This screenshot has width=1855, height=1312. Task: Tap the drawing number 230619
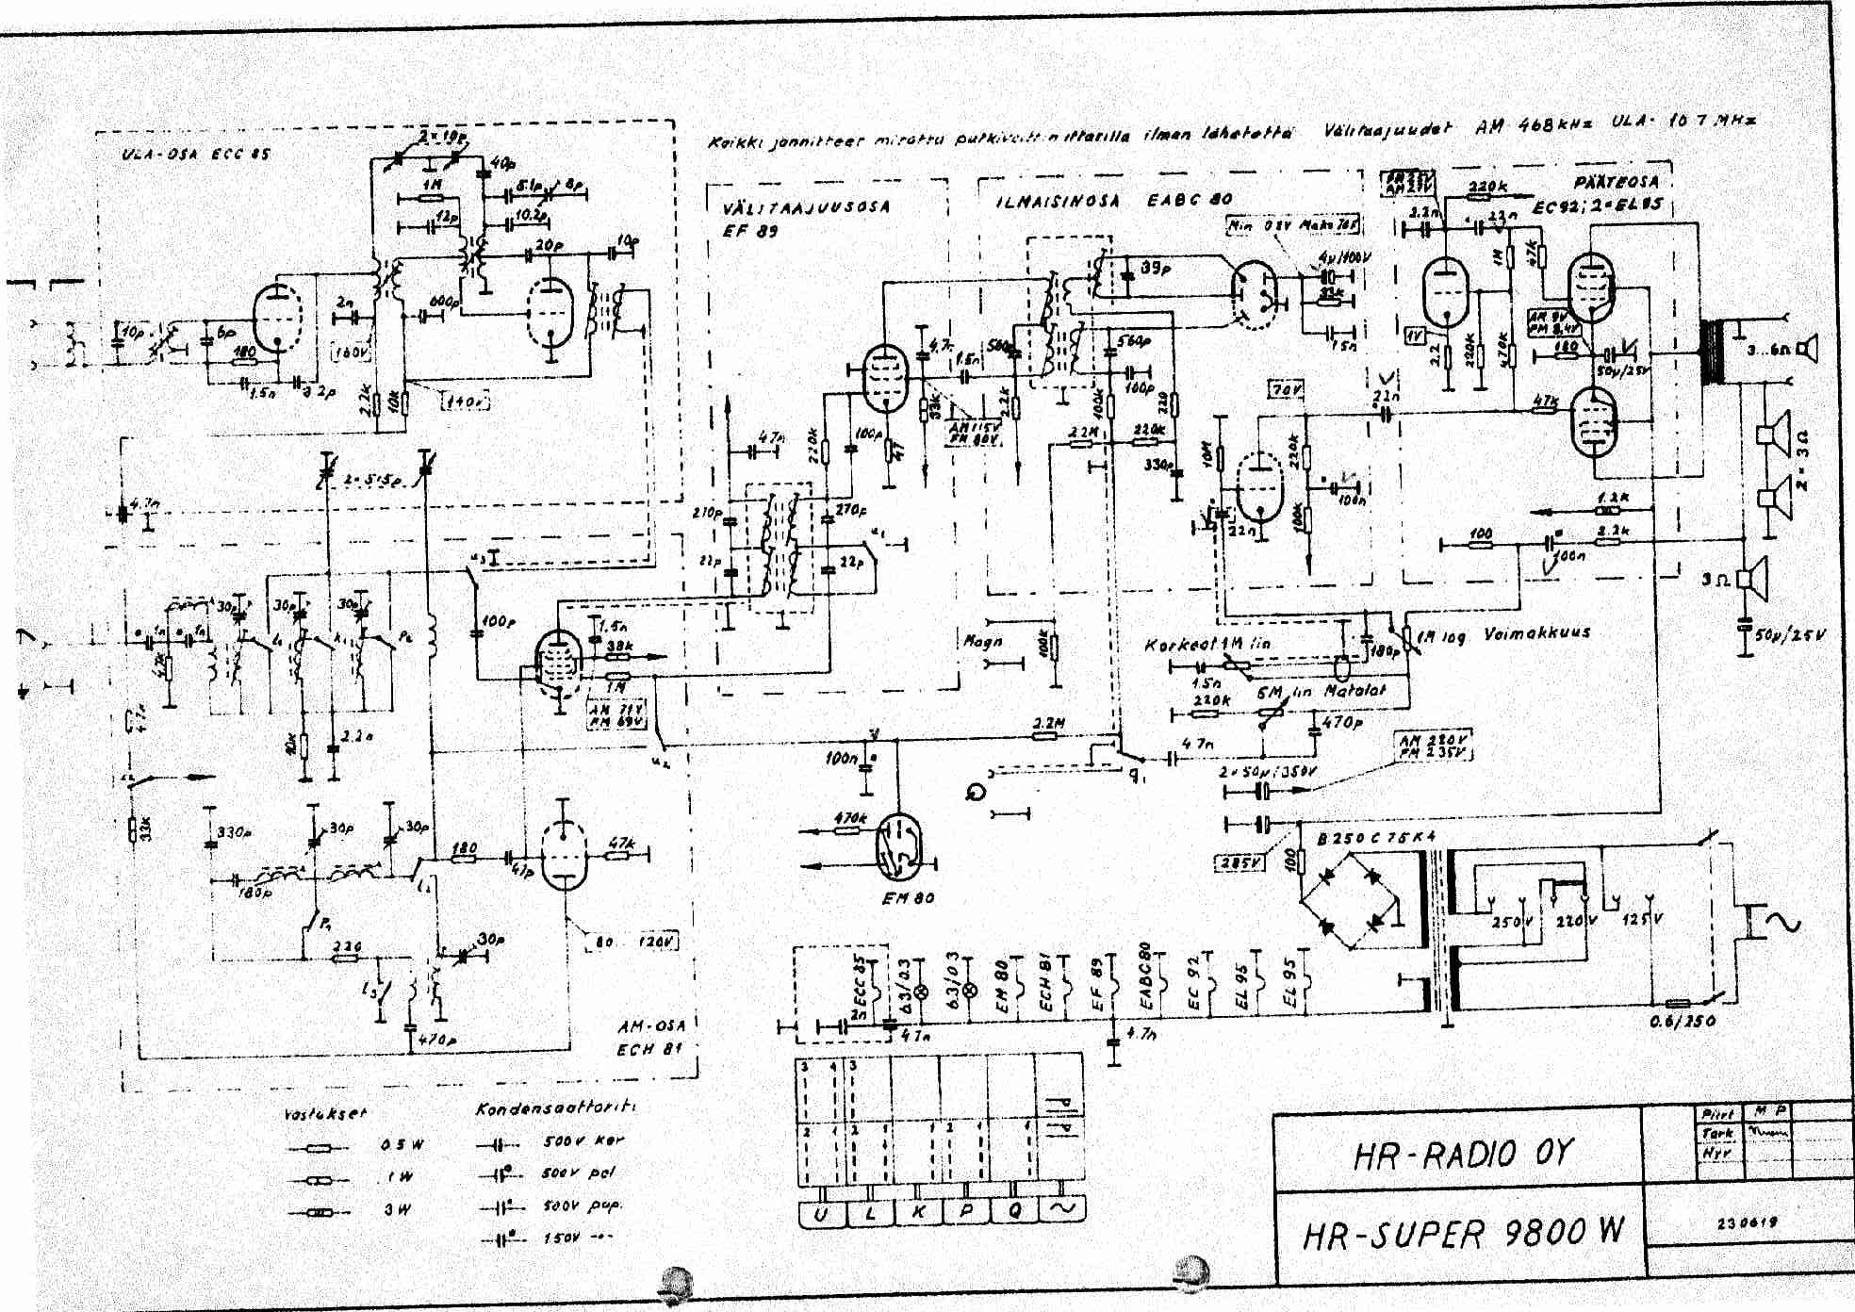pos(1747,1222)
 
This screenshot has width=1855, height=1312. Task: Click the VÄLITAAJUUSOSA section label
pos(806,206)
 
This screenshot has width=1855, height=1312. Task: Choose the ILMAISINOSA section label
pos(1059,201)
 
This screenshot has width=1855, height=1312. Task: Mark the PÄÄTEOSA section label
pos(1616,182)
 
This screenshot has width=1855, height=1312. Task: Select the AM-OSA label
pos(650,1025)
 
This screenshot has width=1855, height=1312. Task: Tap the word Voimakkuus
pos(1536,633)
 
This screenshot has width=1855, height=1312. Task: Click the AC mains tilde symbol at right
pos(1783,921)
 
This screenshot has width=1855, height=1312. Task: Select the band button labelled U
pos(821,1213)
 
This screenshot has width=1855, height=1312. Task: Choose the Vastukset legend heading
pos(324,1113)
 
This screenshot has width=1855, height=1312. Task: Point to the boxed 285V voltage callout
pos(1240,861)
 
